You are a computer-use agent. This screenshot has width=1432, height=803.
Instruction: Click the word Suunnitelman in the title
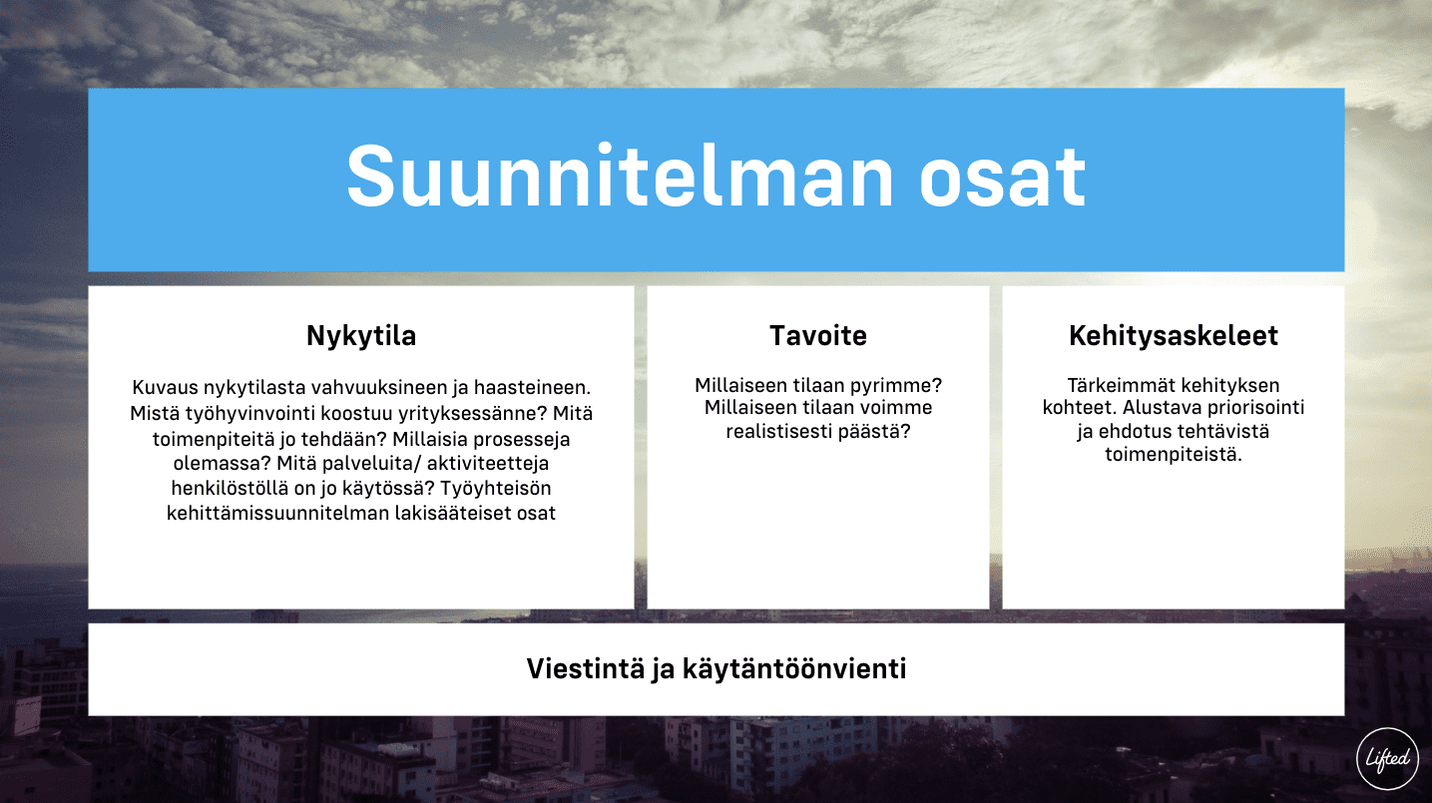tap(620, 177)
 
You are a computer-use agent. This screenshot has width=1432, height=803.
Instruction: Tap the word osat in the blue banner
tap(1003, 179)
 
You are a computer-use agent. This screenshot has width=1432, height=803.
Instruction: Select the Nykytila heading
tap(361, 336)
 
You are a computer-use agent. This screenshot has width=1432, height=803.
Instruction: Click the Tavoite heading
tap(818, 335)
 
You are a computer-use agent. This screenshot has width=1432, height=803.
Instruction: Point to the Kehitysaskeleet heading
tap(1174, 335)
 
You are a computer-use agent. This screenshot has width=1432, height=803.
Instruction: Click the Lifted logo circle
tap(1387, 758)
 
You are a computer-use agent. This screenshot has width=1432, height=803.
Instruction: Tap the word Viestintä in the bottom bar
tap(586, 668)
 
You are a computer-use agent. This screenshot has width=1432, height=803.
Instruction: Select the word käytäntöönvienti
tap(794, 669)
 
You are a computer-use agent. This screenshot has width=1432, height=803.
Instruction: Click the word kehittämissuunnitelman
tap(277, 513)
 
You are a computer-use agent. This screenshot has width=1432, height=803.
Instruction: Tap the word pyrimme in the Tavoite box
tap(893, 386)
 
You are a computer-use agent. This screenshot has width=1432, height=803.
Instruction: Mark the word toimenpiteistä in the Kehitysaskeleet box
tap(1174, 455)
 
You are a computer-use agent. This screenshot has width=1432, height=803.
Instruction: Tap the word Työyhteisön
tap(495, 489)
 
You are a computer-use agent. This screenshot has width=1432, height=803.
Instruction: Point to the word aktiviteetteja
tap(488, 464)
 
